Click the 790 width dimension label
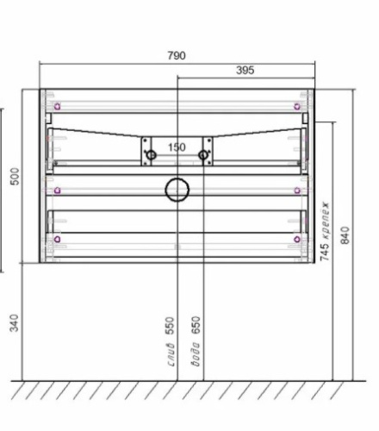176,56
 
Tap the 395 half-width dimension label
245,71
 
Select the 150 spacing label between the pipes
177,147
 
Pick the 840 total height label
345,234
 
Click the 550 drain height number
171,326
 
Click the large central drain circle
177,189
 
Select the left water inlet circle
151,155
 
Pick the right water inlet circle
204,155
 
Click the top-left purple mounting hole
57,106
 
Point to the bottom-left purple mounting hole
57,239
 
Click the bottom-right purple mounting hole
297,239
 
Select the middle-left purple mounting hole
57,191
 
